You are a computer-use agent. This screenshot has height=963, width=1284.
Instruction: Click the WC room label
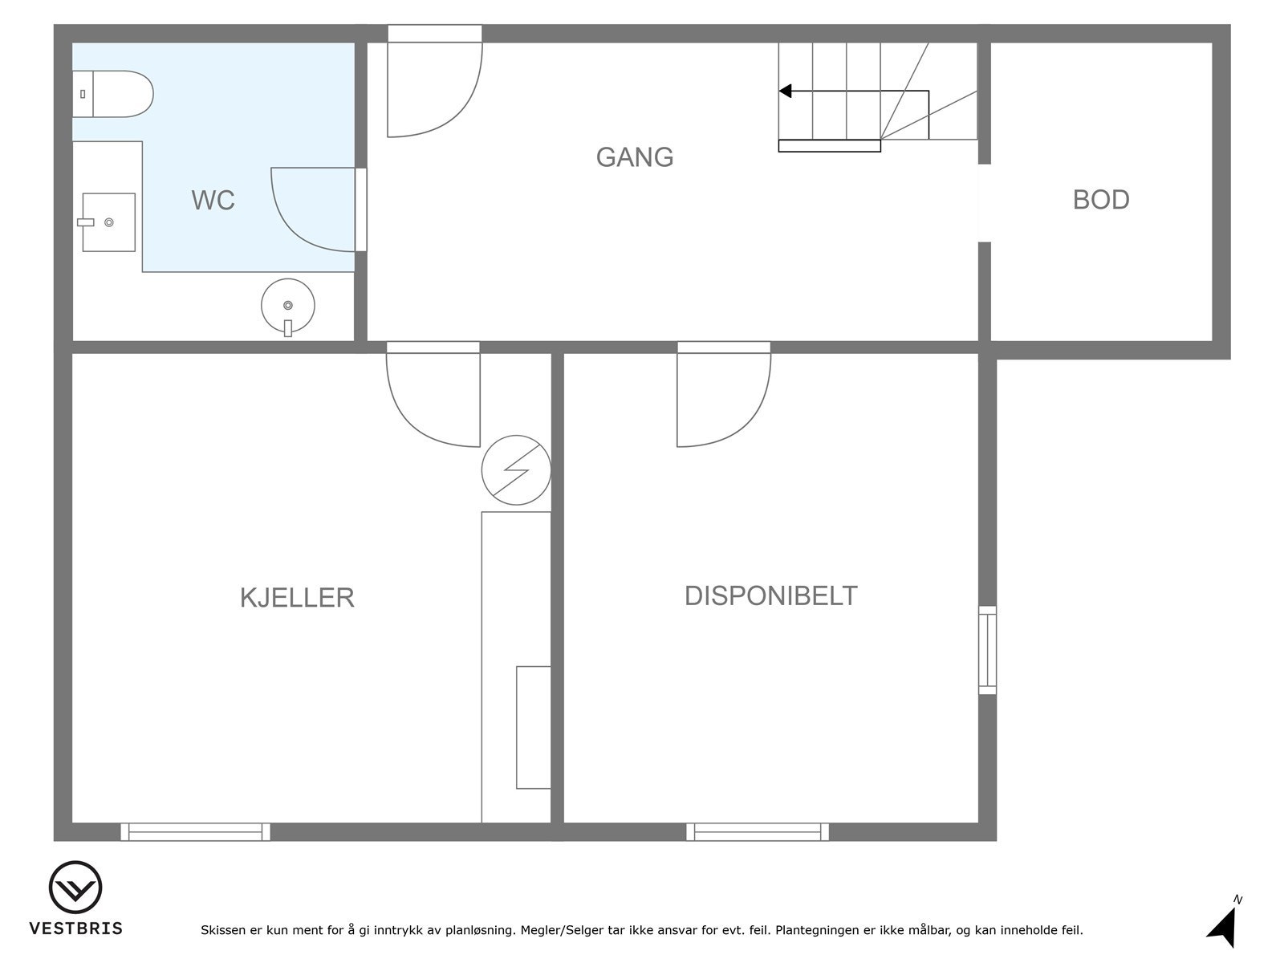[213, 200]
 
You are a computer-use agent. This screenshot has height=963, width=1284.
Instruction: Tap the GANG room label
[634, 157]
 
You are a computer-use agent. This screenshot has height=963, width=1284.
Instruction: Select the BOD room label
[1100, 200]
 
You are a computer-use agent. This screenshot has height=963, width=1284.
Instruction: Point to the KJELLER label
[297, 598]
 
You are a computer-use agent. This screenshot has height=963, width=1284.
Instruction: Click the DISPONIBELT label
[770, 596]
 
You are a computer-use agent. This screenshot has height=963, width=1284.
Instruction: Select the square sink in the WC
[109, 222]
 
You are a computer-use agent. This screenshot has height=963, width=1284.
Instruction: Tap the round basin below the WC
[288, 306]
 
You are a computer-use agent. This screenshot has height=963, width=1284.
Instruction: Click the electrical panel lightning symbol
[516, 470]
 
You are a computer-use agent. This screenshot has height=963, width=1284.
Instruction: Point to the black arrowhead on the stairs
[786, 91]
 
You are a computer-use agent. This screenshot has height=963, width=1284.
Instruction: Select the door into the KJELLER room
[433, 397]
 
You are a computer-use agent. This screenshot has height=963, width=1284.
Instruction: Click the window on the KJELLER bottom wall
[195, 832]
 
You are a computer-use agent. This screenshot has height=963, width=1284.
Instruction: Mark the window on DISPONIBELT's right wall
[987, 650]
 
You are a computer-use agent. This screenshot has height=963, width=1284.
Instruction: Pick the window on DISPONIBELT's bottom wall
[758, 832]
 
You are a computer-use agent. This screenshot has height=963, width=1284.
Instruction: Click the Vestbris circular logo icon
[75, 888]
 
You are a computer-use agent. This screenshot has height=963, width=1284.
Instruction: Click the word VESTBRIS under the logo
[76, 928]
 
